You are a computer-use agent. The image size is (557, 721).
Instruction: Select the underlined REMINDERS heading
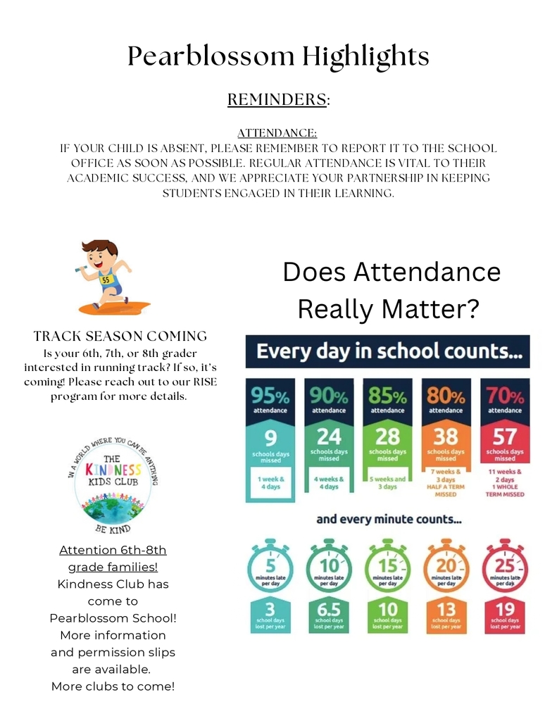point(277,100)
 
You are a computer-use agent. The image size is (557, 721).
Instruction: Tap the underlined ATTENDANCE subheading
point(277,133)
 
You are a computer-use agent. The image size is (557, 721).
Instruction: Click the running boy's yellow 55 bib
point(106,280)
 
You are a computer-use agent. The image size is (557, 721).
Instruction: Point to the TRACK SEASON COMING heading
point(120,336)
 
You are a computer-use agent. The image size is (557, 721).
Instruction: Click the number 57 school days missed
point(505,437)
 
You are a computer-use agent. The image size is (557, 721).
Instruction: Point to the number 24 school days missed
point(329,437)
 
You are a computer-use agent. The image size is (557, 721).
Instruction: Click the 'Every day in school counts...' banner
point(387,351)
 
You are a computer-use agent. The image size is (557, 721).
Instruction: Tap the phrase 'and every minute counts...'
point(389,520)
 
